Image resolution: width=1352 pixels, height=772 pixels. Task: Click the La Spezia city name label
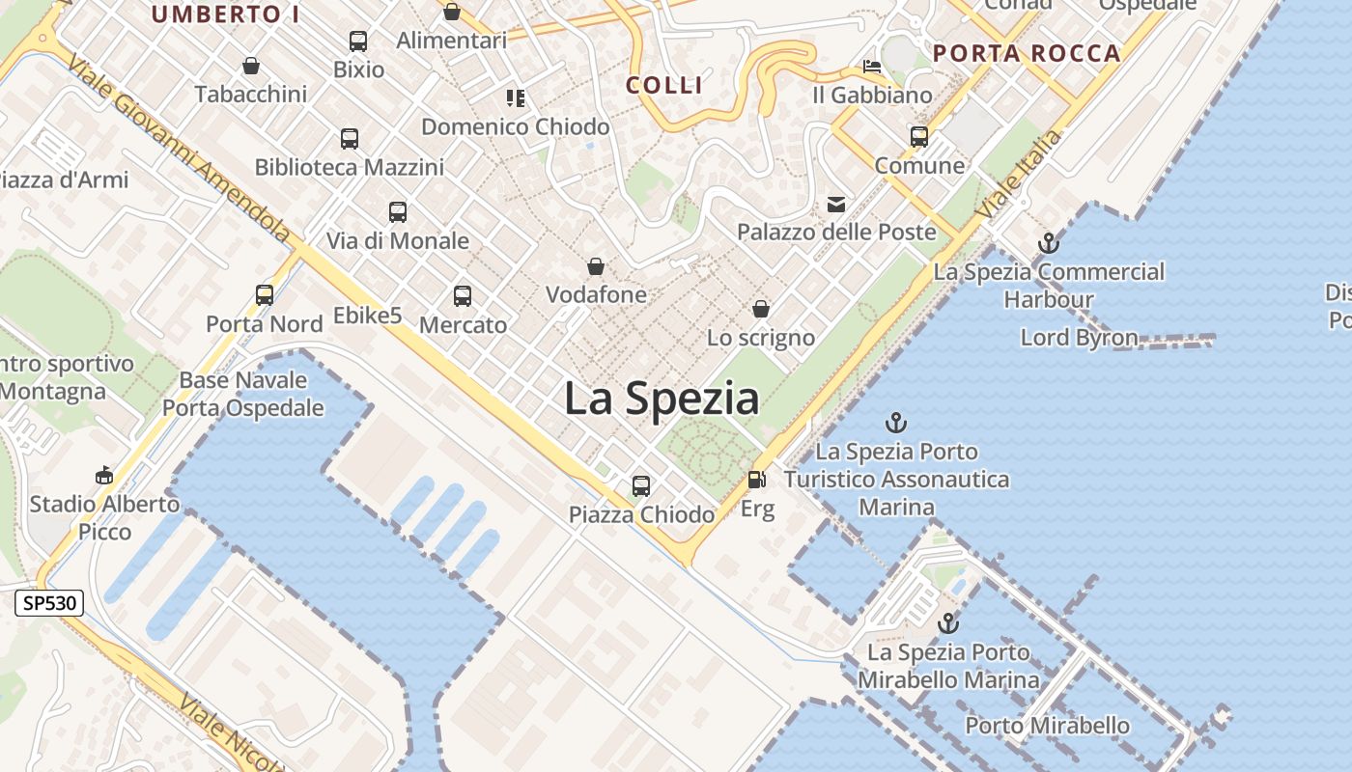(x=662, y=399)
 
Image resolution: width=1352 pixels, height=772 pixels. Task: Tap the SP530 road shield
(x=49, y=604)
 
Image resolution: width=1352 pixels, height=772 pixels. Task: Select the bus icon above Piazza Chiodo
(x=641, y=485)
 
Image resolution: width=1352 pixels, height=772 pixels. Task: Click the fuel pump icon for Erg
(x=757, y=479)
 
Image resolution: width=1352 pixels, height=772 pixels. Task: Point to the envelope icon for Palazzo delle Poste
(x=836, y=204)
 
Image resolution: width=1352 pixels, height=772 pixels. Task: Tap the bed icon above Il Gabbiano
(x=872, y=67)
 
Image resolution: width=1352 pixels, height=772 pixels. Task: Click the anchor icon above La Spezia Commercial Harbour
(x=1049, y=243)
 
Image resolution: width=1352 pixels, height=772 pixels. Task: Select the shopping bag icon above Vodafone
(x=596, y=265)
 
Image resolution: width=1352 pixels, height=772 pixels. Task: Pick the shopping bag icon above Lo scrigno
(x=761, y=309)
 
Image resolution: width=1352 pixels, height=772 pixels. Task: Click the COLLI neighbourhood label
(x=664, y=85)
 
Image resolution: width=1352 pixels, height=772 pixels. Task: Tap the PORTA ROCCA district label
(x=1028, y=54)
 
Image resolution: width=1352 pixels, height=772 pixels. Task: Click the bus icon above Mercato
(x=463, y=296)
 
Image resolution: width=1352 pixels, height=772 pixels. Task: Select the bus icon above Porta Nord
(x=265, y=294)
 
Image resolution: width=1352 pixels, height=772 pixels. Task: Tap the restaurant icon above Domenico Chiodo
(x=516, y=97)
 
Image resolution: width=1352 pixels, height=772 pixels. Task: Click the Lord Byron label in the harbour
(x=1080, y=338)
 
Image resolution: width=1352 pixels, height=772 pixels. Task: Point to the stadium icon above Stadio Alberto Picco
(x=104, y=475)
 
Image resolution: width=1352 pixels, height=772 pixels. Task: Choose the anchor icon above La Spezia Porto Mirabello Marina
(x=948, y=623)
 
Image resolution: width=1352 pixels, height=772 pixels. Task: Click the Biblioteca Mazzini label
(x=350, y=167)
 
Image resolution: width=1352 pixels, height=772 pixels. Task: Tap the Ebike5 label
(x=367, y=316)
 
